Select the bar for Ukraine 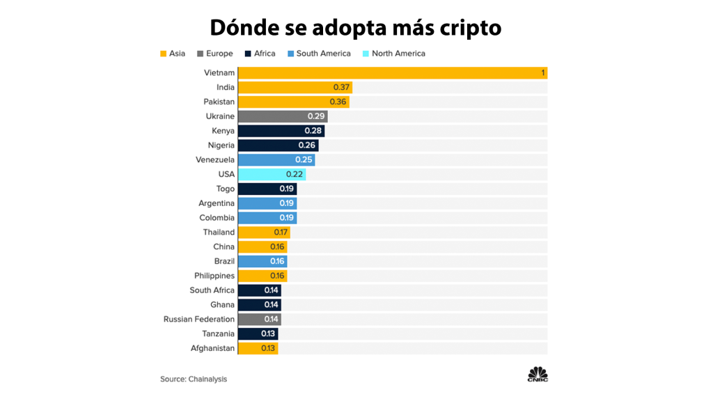coord(282,116)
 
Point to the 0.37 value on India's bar coord(341,88)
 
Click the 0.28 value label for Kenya coord(313,131)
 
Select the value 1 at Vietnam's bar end coord(542,73)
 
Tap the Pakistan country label coord(219,102)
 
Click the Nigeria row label coord(221,146)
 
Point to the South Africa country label coord(212,290)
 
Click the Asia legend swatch coord(163,54)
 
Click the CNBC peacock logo coord(537,373)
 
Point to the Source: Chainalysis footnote coord(194,379)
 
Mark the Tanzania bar coord(258,334)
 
